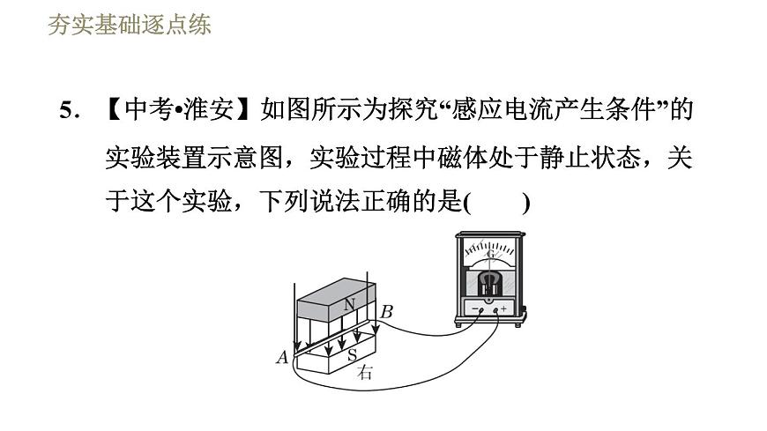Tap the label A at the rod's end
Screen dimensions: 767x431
(x=282, y=357)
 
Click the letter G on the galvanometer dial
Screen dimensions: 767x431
(x=490, y=255)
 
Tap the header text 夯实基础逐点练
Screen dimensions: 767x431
(x=129, y=25)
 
